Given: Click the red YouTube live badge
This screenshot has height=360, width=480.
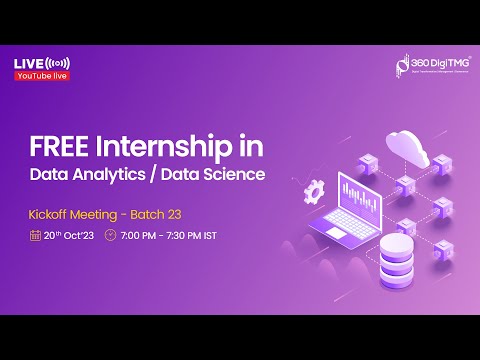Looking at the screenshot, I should coord(42,76).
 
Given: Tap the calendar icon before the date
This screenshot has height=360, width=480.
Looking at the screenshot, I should coord(35,237).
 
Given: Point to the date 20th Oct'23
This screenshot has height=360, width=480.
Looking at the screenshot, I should coord(68,237).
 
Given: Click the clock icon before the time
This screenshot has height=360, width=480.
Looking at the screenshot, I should coord(110,237).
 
